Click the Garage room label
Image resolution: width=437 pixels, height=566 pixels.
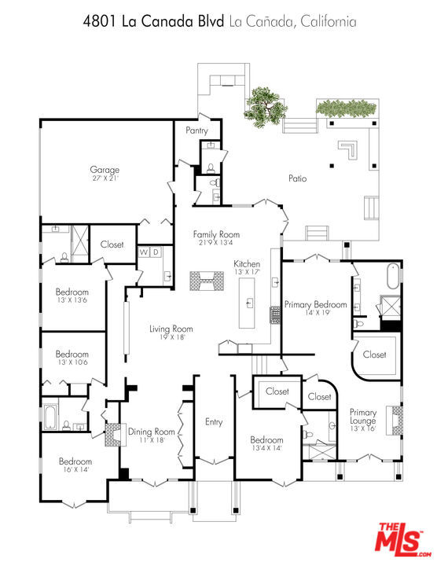[x=105, y=170]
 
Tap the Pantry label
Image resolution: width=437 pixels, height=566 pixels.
[x=196, y=130]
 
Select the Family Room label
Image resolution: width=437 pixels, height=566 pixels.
[x=216, y=234]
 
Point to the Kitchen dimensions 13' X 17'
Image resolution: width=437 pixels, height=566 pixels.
[x=247, y=272]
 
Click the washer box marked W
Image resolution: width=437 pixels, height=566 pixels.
[x=144, y=252]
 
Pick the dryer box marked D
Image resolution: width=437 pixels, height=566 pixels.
[x=156, y=252]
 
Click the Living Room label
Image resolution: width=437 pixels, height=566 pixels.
[x=171, y=329]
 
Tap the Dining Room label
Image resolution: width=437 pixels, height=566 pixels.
[x=152, y=432]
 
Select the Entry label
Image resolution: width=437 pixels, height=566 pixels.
[x=214, y=422]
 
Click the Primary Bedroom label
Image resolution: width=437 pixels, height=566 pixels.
[x=316, y=304]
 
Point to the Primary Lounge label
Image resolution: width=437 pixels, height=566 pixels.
[x=363, y=417]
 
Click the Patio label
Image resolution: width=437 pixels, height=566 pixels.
[x=298, y=178]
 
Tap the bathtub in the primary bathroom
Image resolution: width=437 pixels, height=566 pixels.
[x=393, y=277]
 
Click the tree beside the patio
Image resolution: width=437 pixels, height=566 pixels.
[x=265, y=108]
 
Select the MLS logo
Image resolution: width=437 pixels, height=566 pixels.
[x=402, y=540]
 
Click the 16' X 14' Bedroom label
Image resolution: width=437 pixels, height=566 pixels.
[x=75, y=461]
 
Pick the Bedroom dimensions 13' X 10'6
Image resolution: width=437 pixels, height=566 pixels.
[x=72, y=362]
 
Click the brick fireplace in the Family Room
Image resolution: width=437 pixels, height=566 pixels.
[x=207, y=281]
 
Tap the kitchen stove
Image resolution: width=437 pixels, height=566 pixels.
[x=275, y=315]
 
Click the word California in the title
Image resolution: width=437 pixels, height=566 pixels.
[x=329, y=22]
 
